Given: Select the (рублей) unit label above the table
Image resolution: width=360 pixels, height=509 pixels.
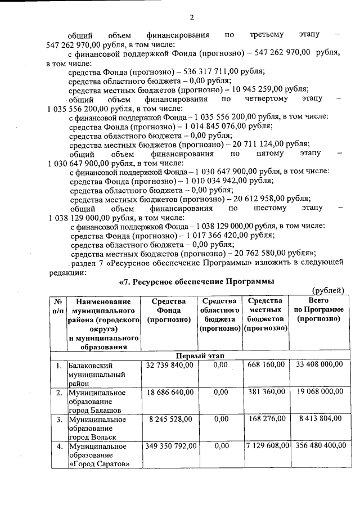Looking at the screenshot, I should (x=327, y=290).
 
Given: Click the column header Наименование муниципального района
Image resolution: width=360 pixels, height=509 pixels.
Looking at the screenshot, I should (x=103, y=323).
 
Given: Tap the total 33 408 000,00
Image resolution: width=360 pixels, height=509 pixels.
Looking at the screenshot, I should (x=316, y=365).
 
